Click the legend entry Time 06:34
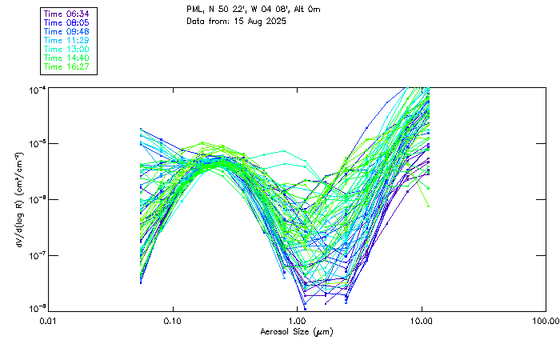tap(67, 14)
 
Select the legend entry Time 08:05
tap(67, 22)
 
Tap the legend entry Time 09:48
tap(67, 31)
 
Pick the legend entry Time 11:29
tap(67, 40)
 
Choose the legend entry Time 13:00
tap(67, 49)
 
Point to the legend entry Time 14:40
tap(67, 58)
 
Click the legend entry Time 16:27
tap(67, 66)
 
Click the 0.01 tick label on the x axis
tap(49, 321)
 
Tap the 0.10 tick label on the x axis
tap(173, 321)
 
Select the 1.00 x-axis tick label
tap(297, 321)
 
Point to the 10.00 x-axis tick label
tap(421, 321)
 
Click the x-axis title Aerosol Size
tap(296, 331)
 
